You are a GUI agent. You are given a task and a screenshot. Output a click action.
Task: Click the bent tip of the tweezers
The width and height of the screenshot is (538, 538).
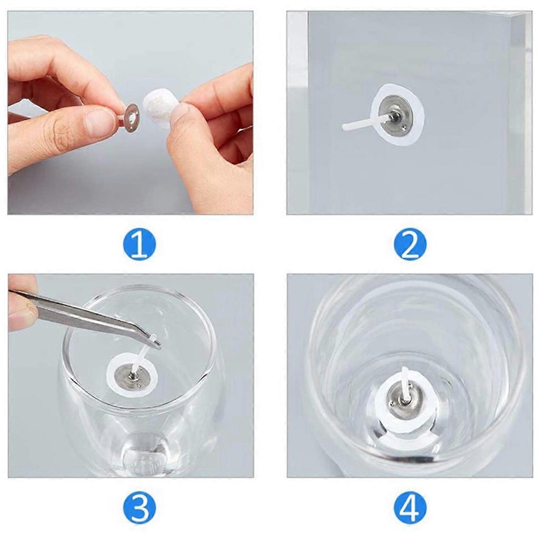[x=157, y=346]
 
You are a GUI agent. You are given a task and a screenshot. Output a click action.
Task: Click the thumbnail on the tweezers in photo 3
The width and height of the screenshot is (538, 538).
[x=23, y=314]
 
